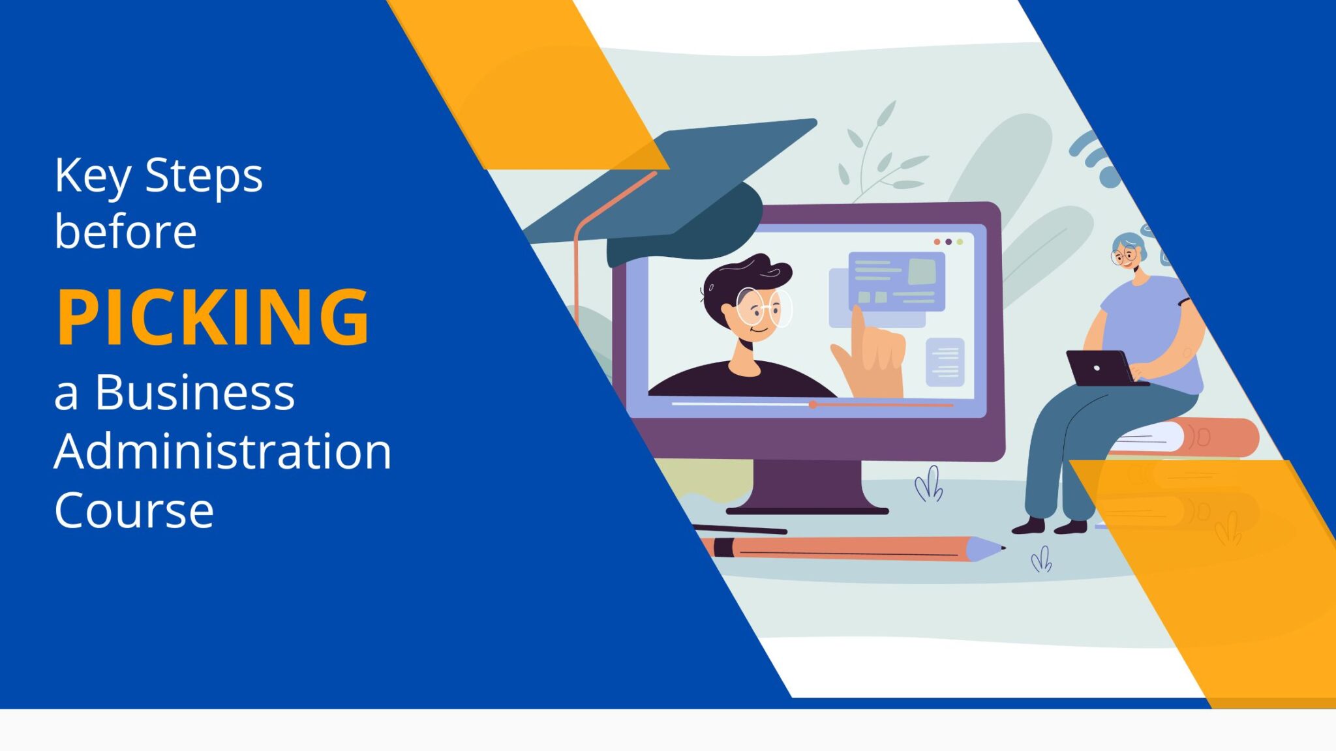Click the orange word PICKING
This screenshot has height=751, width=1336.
(213, 317)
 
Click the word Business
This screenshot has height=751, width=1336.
(194, 392)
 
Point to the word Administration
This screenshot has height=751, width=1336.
(222, 451)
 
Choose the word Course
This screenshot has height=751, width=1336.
(134, 510)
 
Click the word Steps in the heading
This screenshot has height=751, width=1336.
(204, 176)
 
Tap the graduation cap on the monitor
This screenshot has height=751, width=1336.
(678, 189)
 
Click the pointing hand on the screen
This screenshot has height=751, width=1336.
(872, 355)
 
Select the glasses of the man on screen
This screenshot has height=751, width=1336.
(763, 307)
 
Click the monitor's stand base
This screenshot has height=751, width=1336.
(808, 508)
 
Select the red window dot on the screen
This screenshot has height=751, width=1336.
(937, 242)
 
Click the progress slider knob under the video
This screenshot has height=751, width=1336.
(813, 405)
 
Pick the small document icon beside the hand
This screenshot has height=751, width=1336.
(945, 362)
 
